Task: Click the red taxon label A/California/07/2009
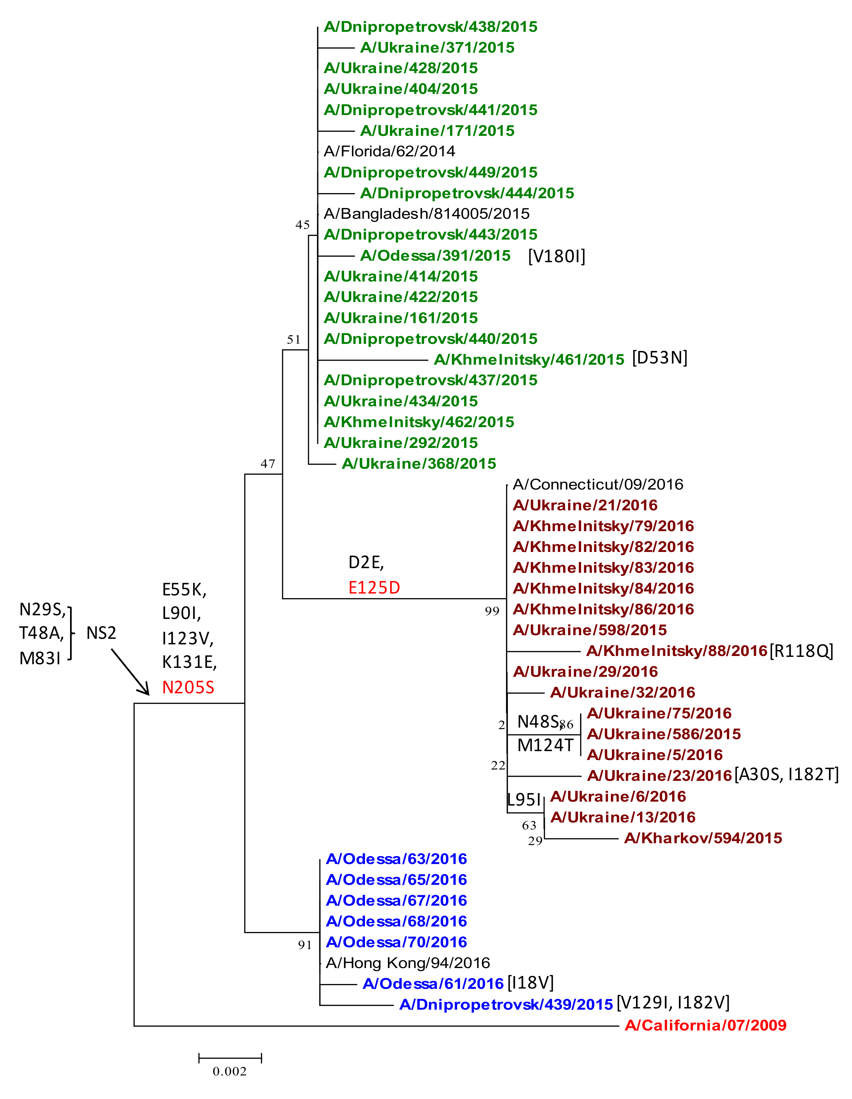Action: click(705, 1025)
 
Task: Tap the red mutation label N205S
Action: click(188, 687)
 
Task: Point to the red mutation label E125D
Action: click(374, 587)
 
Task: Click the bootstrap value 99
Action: click(492, 611)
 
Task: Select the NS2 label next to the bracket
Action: click(101, 632)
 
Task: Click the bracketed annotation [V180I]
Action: click(556, 256)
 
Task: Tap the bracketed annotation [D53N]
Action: click(659, 358)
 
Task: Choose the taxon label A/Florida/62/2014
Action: click(389, 151)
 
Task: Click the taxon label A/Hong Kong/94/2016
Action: click(407, 963)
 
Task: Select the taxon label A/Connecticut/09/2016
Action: click(598, 484)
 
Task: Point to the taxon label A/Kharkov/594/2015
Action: click(703, 838)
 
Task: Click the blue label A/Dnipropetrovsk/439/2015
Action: click(506, 1004)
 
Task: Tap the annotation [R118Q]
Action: click(801, 651)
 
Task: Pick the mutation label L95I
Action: click(523, 799)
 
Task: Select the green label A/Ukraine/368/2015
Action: click(419, 464)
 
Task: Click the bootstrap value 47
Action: click(268, 464)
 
